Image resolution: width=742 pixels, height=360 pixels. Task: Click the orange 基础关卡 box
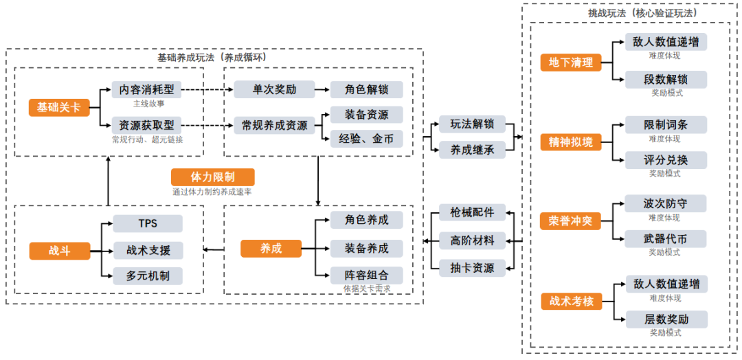point(59,107)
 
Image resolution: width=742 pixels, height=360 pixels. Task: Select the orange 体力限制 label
point(212,177)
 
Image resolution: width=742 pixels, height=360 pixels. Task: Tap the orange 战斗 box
point(60,251)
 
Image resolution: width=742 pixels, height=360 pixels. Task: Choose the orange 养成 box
point(271,248)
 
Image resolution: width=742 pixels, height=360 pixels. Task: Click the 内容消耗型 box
point(146,89)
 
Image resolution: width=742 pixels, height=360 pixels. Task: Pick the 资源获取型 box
point(146,125)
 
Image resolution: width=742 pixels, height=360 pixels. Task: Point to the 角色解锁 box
point(366,89)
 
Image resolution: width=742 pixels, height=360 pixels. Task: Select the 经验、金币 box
point(366,138)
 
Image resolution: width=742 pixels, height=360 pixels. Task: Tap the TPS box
point(148,224)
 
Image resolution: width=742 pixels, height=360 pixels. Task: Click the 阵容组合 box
point(366,275)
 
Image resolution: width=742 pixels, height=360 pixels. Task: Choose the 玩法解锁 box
point(472,124)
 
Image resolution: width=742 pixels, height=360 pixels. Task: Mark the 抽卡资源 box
point(472,268)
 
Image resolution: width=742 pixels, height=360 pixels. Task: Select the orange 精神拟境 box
point(571,142)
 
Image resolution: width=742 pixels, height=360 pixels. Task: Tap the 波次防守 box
point(665,203)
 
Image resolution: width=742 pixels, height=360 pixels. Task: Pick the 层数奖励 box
point(665,319)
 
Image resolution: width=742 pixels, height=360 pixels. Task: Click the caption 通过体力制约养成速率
point(212,192)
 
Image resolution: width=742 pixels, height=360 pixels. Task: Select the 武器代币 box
point(665,239)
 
